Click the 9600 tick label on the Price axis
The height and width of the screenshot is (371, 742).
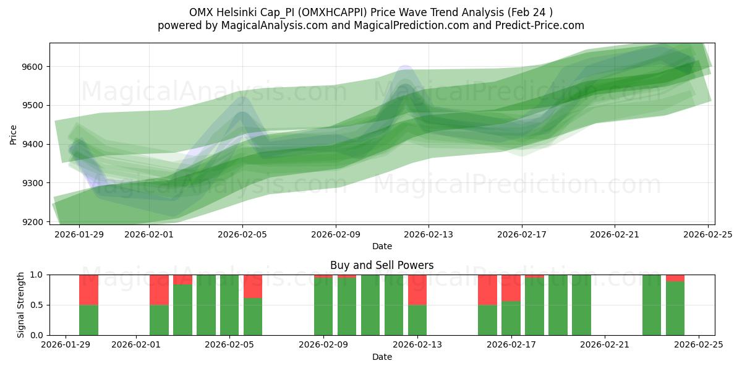(x=35, y=67)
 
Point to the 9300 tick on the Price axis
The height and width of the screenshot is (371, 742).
(x=35, y=183)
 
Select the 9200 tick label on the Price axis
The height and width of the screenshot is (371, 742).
(x=35, y=222)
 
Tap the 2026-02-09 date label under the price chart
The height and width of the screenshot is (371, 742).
(x=336, y=234)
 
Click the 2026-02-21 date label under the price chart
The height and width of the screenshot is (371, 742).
(x=615, y=234)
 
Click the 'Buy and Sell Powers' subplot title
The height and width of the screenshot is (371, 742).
(x=382, y=265)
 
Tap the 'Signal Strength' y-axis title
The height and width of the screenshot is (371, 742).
(x=21, y=305)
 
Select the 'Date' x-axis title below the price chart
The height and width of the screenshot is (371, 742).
(x=382, y=246)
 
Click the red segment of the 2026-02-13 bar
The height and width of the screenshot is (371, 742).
(x=417, y=289)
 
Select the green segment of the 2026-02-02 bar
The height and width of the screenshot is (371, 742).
(x=159, y=320)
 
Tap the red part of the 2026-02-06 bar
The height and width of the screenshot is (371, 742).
(x=253, y=286)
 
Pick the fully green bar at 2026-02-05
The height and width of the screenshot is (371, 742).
(x=229, y=305)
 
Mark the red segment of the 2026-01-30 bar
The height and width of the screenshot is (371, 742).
(x=88, y=289)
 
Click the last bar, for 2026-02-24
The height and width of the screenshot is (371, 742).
(x=675, y=308)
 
